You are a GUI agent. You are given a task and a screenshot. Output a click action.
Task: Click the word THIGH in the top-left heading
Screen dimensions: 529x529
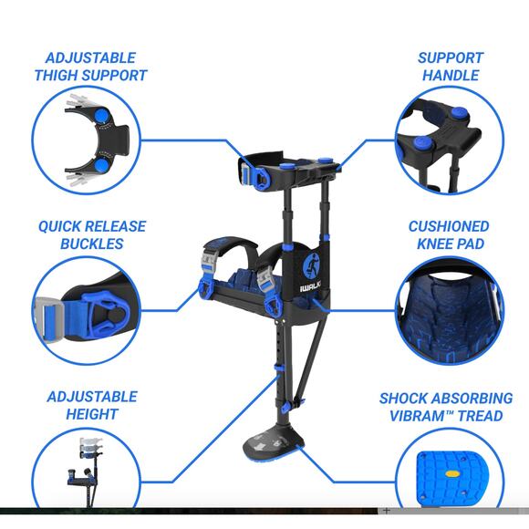tap(53, 75)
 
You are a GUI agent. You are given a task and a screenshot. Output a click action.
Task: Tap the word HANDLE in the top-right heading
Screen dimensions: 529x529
tap(451, 75)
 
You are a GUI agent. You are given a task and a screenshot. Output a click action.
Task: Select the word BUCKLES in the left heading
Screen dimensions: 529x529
tap(92, 244)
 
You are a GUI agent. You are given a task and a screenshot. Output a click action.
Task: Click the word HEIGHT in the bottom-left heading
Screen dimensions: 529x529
tap(92, 414)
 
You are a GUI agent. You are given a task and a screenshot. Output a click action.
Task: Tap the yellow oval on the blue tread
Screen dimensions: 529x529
tap(452, 473)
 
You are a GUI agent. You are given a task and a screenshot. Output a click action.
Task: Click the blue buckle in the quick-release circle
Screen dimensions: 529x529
tap(105, 315)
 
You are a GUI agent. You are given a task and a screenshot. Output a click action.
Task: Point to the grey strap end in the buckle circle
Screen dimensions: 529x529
tap(48, 320)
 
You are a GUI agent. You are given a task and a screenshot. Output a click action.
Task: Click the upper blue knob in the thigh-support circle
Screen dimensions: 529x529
tap(101, 116)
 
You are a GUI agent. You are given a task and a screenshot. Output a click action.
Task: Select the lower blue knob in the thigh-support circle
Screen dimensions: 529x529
tap(101, 166)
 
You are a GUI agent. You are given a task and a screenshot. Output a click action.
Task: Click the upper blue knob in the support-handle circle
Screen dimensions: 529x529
tap(459, 112)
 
